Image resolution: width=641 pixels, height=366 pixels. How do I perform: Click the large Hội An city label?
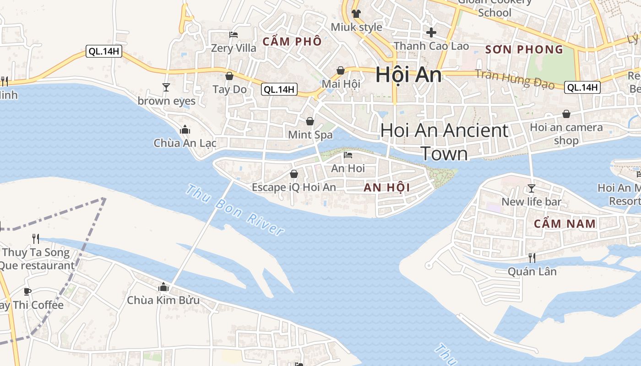pyautogui.click(x=408, y=75)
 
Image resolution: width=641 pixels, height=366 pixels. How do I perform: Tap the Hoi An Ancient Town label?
pyautogui.click(x=444, y=142)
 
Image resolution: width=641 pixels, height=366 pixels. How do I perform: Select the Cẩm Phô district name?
pyautogui.click(x=292, y=42)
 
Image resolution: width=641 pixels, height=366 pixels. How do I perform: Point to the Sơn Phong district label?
pyautogui.click(x=524, y=49)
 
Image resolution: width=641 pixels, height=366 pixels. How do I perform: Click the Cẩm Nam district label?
pyautogui.click(x=565, y=224)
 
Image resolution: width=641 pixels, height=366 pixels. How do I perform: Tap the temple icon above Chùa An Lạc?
pyautogui.click(x=185, y=129)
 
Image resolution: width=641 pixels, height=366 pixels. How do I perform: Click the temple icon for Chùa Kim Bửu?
pyautogui.click(x=163, y=287)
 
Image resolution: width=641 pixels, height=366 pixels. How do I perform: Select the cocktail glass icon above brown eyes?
pyautogui.click(x=166, y=87)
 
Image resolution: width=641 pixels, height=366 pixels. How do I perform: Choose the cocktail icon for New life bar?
pyautogui.click(x=531, y=188)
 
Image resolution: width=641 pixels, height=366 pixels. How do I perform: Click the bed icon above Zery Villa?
pyautogui.click(x=234, y=35)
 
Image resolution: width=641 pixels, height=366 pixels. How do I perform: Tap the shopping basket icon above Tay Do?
pyautogui.click(x=229, y=76)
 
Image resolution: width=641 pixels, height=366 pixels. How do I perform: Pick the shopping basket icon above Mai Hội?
pyautogui.click(x=341, y=70)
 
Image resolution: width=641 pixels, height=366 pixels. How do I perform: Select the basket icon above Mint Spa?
pyautogui.click(x=310, y=121)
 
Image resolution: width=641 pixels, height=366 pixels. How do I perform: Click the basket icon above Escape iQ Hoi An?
pyautogui.click(x=294, y=174)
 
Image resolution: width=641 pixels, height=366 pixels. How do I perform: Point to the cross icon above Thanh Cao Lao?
pyautogui.click(x=431, y=32)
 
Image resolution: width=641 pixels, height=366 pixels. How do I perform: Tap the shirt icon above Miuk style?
pyautogui.click(x=356, y=13)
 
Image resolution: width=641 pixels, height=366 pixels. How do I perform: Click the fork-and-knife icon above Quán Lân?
pyautogui.click(x=532, y=258)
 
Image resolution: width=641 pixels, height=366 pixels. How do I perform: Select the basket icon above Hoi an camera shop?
pyautogui.click(x=566, y=114)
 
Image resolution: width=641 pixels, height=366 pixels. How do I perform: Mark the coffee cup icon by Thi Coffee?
pyautogui.click(x=27, y=291)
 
